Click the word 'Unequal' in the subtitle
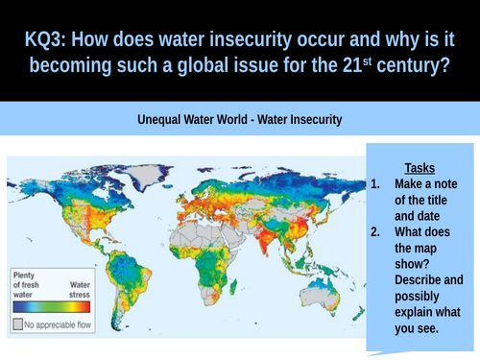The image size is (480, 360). tap(164, 121)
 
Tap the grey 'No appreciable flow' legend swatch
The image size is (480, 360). tap(18, 324)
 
